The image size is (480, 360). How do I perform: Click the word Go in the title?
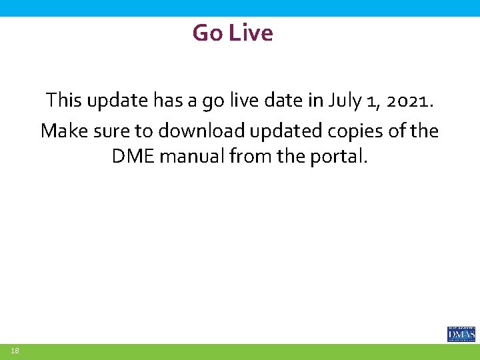[208, 33]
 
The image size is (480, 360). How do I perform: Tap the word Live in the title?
[251, 33]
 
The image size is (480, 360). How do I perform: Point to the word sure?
[109, 131]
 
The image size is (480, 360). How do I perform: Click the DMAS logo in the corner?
[461, 333]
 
